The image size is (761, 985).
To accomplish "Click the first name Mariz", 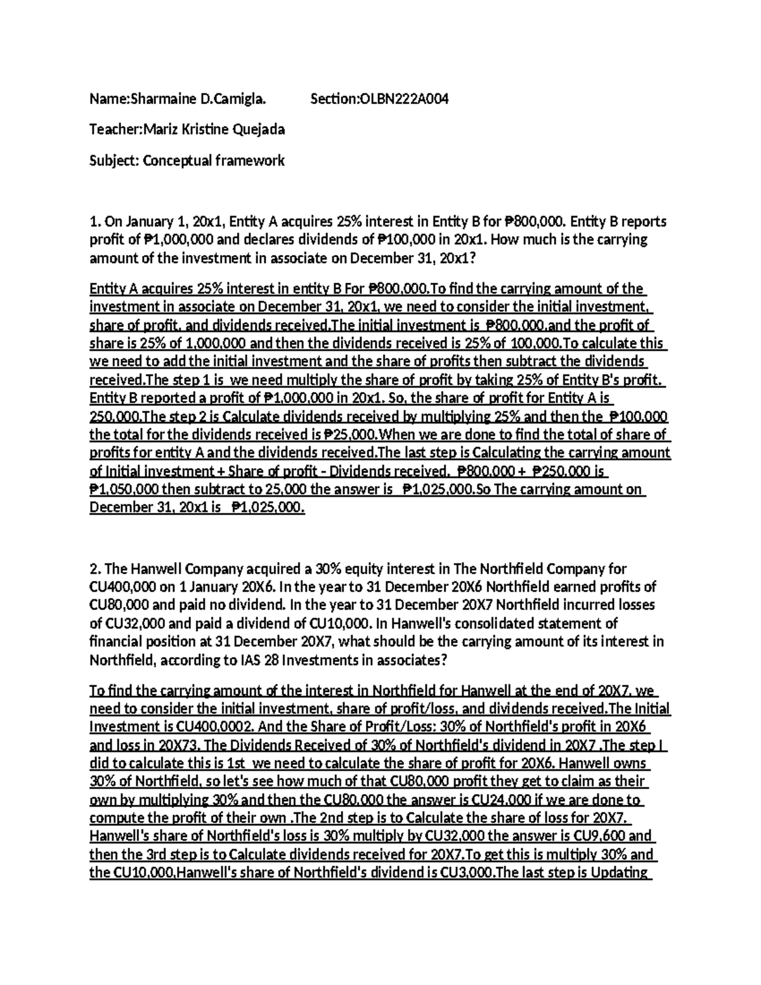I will [160, 130].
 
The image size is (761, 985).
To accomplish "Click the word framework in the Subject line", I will [250, 160].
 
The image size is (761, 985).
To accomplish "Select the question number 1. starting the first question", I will [95, 222].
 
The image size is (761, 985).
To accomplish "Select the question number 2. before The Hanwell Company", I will [96, 568].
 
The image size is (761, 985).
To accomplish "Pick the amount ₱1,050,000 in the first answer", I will [124, 490].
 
